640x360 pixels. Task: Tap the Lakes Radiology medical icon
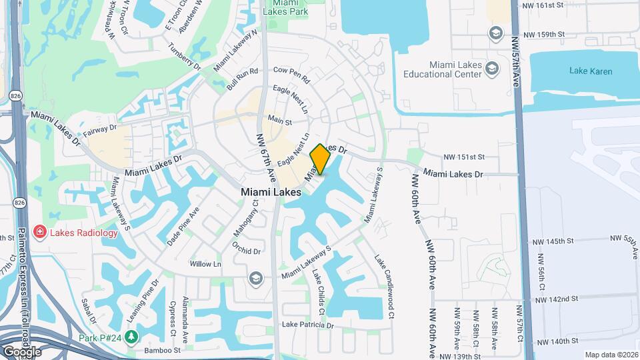[x=40, y=232]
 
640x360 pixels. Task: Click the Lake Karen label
[x=590, y=71]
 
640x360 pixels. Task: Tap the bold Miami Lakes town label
[x=271, y=191]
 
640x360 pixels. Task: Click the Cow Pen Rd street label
[x=292, y=74]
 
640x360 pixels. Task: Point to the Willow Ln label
[x=205, y=264]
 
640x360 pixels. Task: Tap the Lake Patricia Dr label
[x=307, y=325]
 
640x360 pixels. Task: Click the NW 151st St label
[x=478, y=157]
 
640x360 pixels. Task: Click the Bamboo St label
[x=164, y=349]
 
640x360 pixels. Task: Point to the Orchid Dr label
[x=247, y=251]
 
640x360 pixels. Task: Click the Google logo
[x=22, y=351]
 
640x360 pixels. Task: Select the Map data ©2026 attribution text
[x=611, y=355]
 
